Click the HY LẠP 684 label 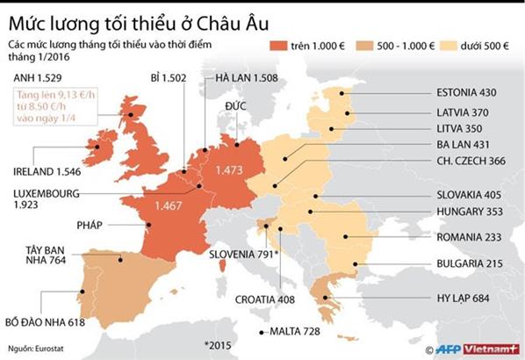point(465,298)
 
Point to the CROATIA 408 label point(264,299)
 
